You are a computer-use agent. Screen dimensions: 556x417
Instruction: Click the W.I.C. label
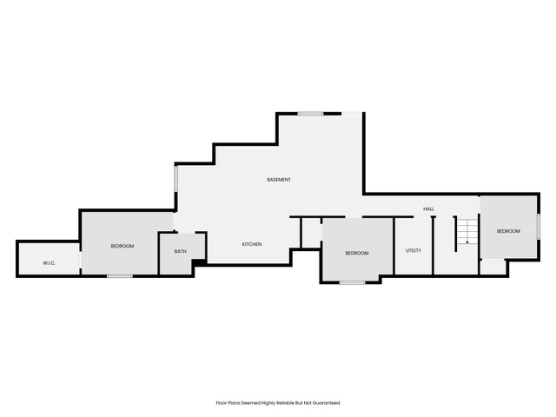click(49, 263)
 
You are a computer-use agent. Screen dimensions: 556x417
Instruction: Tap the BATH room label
click(180, 251)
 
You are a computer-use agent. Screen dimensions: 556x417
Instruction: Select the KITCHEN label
click(252, 244)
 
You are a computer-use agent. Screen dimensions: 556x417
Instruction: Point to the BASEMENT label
click(279, 180)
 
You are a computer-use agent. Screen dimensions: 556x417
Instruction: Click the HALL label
click(428, 209)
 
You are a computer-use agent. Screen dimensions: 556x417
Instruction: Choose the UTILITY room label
click(414, 251)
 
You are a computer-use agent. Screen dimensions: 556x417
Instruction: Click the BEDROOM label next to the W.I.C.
click(122, 246)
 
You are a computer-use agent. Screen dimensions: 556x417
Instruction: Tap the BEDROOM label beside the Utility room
click(357, 253)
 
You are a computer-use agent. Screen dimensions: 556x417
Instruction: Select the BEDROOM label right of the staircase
click(508, 231)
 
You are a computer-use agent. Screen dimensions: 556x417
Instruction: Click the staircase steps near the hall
click(467, 232)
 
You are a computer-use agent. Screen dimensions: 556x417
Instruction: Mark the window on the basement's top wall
click(310, 114)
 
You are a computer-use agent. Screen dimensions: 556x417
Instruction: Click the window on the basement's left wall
click(175, 179)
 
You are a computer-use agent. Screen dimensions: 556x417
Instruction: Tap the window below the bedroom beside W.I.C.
click(120, 276)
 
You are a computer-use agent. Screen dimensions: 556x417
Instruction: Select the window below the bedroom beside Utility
click(353, 282)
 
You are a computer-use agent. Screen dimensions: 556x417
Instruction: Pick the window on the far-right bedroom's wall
click(539, 226)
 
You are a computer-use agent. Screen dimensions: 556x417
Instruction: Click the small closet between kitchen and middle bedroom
click(311, 233)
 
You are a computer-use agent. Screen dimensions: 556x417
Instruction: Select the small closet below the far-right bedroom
click(493, 267)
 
